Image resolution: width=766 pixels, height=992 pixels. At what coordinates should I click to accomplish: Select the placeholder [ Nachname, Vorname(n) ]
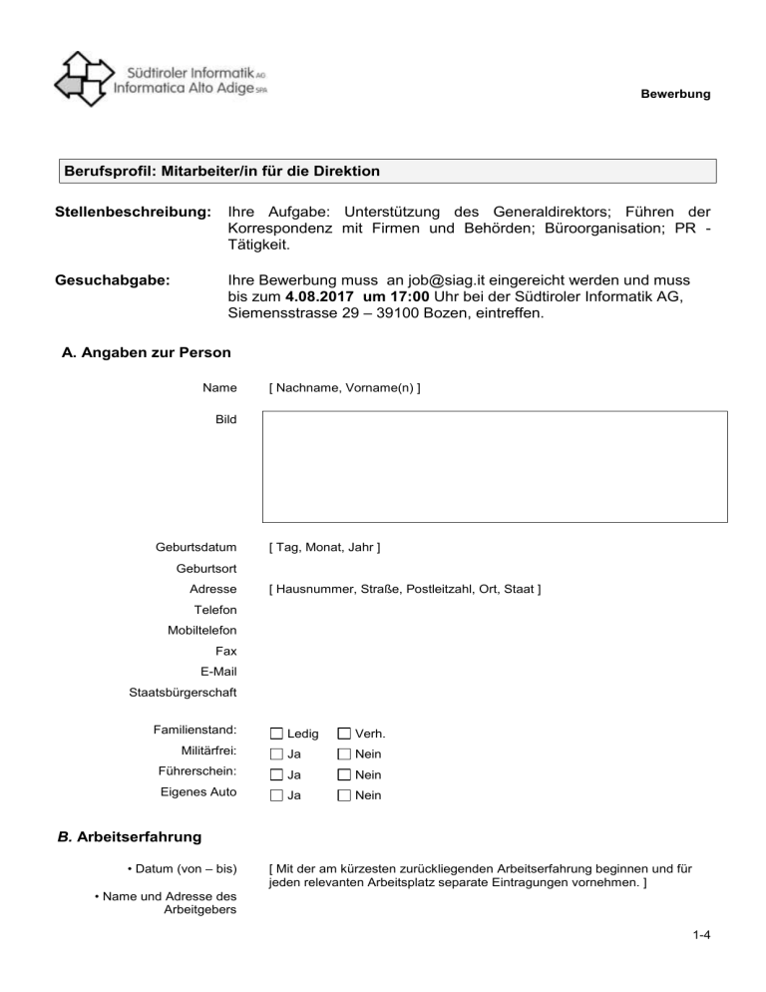344,386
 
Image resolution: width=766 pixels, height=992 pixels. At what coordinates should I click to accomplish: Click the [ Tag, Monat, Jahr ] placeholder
324,547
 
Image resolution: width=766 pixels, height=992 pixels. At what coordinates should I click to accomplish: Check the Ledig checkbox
276,735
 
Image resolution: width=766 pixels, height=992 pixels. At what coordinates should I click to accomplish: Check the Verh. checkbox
344,735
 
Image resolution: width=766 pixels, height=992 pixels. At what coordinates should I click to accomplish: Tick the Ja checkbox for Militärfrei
276,754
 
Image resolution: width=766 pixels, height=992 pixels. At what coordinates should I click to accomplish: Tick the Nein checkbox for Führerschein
344,774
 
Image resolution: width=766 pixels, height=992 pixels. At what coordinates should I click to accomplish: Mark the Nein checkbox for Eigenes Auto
344,795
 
